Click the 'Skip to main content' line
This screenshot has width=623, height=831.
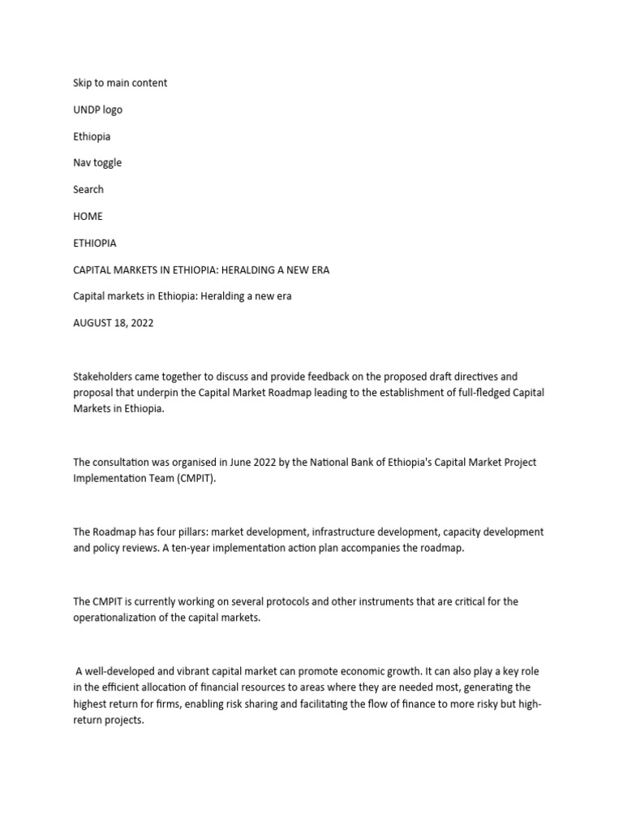pos(120,83)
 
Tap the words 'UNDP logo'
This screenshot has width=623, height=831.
pos(97,110)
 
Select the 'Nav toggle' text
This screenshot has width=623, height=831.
pos(97,162)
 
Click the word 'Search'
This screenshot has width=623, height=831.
pos(88,189)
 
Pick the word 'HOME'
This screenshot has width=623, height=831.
pos(88,216)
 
